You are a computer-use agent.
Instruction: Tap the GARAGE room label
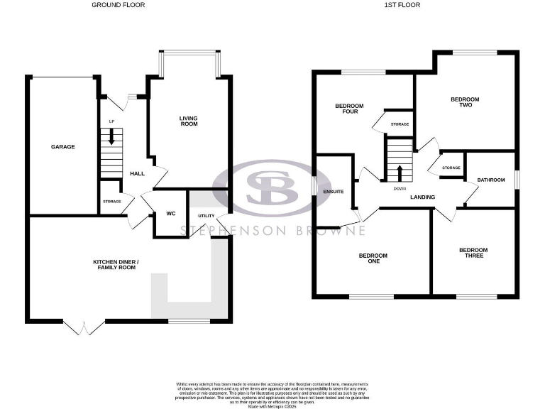coord(62,147)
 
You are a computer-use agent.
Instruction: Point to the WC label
coord(170,213)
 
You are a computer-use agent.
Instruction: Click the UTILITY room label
coord(206,215)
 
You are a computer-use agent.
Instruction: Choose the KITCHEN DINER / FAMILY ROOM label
coord(116,265)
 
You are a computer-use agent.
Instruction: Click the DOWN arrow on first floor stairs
coord(400,173)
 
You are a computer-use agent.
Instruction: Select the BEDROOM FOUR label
coord(349,109)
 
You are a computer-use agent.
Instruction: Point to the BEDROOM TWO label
coord(461,102)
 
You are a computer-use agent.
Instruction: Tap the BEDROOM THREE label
coord(473,252)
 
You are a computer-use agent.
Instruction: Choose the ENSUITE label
coord(333,191)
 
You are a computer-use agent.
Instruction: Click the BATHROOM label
coord(491,180)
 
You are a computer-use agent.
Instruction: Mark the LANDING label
coord(422,197)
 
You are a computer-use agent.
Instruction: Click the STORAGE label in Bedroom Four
coord(400,125)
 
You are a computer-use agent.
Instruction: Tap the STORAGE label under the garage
coord(111,202)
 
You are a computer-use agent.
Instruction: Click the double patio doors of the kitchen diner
coord(84,327)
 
